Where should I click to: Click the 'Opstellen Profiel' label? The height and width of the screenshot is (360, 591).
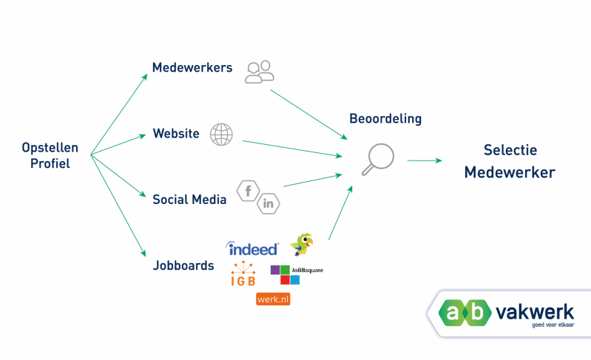50,155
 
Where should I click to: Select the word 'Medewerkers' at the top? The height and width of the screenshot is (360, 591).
192,68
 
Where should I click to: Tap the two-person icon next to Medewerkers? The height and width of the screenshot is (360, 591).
260,70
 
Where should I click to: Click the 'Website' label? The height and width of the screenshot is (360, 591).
176,134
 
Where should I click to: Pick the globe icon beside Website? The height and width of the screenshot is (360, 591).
221,134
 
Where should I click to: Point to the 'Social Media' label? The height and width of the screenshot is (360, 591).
189,199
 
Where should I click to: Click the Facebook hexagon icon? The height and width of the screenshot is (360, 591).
248,191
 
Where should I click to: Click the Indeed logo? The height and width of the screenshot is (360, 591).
253,249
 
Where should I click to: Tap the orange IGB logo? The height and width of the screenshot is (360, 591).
242,274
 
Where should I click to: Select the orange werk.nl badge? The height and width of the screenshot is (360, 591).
272,299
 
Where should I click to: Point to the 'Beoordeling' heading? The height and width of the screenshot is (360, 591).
385,118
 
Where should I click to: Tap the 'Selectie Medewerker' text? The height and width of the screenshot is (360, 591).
510,161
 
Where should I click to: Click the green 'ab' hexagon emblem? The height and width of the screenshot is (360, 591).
465,313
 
